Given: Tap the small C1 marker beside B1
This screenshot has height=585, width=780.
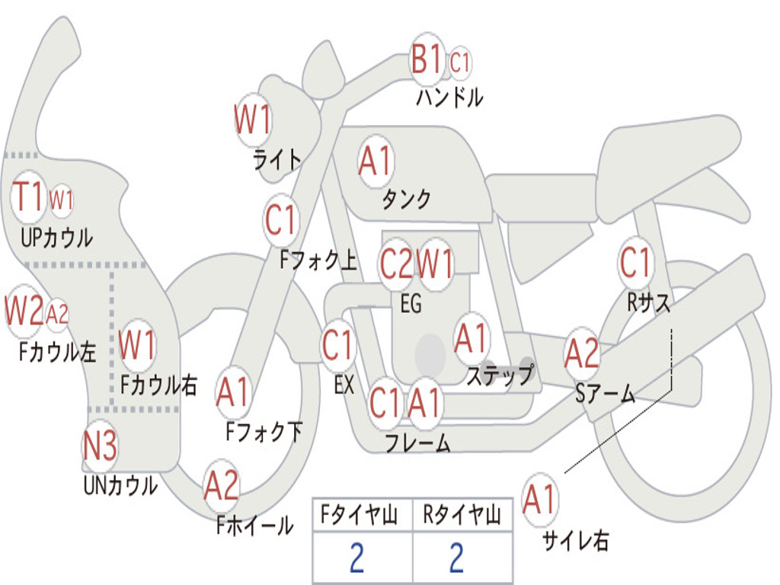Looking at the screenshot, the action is [x=459, y=62].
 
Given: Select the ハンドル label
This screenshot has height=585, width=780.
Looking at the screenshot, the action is [x=449, y=97].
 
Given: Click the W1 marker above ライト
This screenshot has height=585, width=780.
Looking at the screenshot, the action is [x=253, y=120].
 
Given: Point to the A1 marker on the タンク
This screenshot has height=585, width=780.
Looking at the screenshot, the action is [x=376, y=161].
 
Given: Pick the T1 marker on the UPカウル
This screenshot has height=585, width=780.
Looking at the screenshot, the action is [x=28, y=197].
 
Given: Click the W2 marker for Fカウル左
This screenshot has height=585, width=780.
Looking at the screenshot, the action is [x=24, y=312].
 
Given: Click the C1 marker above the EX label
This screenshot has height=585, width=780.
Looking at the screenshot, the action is [x=337, y=345].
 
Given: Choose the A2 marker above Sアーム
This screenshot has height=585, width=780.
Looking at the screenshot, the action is [x=581, y=353].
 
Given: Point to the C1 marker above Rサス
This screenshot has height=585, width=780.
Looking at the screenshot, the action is [x=635, y=262].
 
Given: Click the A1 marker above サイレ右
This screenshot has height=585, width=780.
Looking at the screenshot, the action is [x=539, y=499].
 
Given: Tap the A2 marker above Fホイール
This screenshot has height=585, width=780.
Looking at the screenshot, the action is [x=222, y=485].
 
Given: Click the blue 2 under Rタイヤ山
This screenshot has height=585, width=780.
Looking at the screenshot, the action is [x=457, y=558].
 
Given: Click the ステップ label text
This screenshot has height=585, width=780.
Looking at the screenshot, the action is [x=500, y=374].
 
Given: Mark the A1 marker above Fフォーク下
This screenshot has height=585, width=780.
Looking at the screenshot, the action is [x=233, y=392].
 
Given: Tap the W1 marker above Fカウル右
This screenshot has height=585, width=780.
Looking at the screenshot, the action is [x=137, y=345].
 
